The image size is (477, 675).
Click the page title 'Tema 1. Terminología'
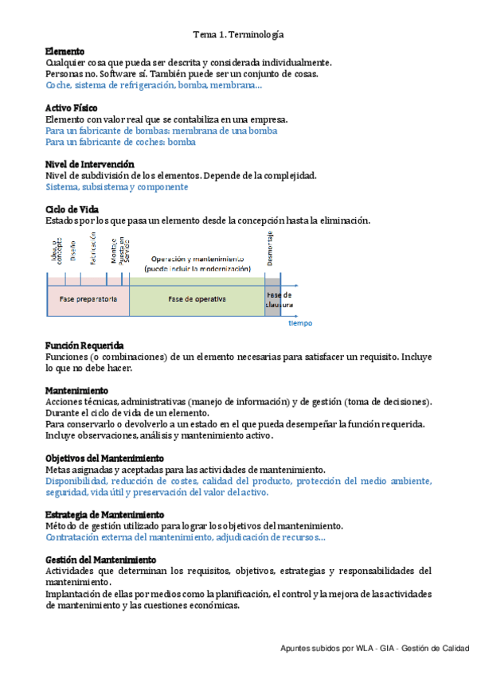coord(238,35)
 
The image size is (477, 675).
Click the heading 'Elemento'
coord(65,51)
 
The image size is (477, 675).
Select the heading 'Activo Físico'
coord(72,107)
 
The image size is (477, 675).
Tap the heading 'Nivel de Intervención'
coord(89,164)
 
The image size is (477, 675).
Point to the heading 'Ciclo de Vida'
coord(72,209)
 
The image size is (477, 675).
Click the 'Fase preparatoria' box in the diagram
coord(88,299)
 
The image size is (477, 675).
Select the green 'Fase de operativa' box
coord(197,299)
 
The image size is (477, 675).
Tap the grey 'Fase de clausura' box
coord(272,299)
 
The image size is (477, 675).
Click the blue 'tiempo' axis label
coord(300,323)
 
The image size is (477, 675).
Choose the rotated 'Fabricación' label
coord(93,248)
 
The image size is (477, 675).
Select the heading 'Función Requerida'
coord(84,345)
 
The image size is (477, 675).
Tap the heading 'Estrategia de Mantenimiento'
coord(105,515)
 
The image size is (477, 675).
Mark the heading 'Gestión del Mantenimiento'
coord(100,560)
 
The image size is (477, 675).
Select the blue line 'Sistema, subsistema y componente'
coord(117,187)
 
